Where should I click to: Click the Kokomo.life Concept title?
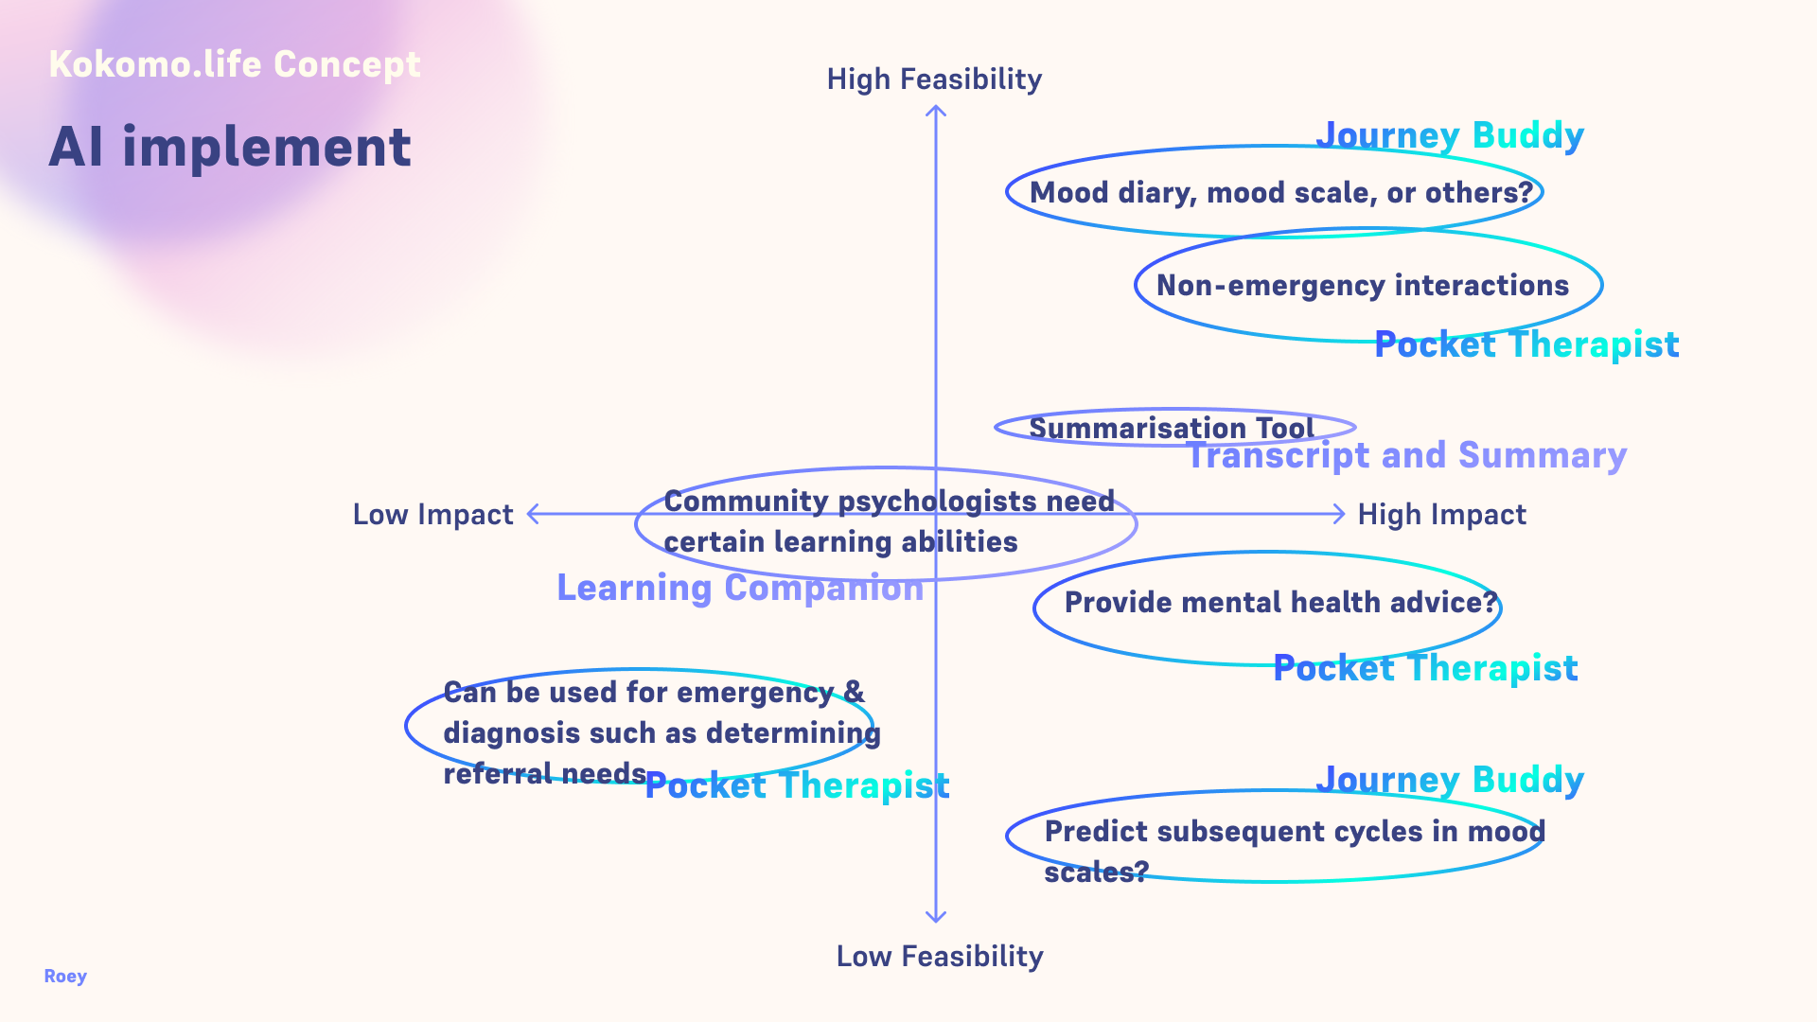pyautogui.click(x=235, y=64)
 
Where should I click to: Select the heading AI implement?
pyautogui.click(x=230, y=148)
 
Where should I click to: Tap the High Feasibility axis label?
pyautogui.click(x=934, y=79)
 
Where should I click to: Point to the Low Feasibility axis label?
pyautogui.click(x=940, y=957)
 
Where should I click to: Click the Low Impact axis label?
pyautogui.click(x=432, y=515)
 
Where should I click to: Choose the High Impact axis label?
pyautogui.click(x=1441, y=515)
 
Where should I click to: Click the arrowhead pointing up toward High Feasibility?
pyautogui.click(x=936, y=112)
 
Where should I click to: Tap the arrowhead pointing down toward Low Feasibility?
pyautogui.click(x=936, y=916)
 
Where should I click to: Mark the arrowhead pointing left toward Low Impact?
pyautogui.click(x=533, y=514)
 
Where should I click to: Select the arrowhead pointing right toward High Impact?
pyautogui.click(x=1338, y=514)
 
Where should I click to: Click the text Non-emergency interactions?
pyautogui.click(x=1363, y=286)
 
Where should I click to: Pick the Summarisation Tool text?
pyautogui.click(x=1172, y=428)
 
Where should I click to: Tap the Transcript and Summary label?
pyautogui.click(x=1407, y=456)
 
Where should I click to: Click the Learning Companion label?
pyautogui.click(x=740, y=589)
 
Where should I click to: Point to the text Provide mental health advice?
pyautogui.click(x=1281, y=603)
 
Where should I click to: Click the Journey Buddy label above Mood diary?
pyautogui.click(x=1450, y=135)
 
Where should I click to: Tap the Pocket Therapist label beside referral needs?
pyautogui.click(x=797, y=786)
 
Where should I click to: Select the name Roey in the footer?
pyautogui.click(x=65, y=977)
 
